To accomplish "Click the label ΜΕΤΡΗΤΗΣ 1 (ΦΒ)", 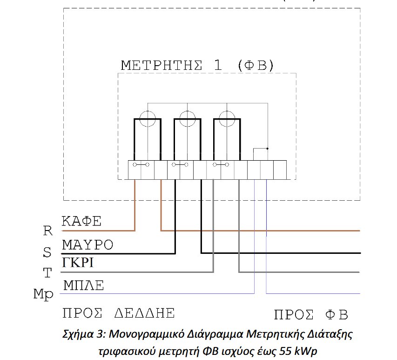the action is click(x=197, y=65).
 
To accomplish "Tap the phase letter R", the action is click(x=48, y=231).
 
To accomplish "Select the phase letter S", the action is click(x=47, y=252).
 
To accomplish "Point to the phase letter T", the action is click(x=47, y=273).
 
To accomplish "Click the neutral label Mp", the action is click(x=43, y=295).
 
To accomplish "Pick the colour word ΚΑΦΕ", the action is click(x=81, y=221).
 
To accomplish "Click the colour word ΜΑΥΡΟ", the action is click(x=87, y=245).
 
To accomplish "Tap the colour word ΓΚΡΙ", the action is click(x=78, y=262).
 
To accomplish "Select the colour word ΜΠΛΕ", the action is click(x=84, y=285).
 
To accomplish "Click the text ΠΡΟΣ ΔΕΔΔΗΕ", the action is click(x=119, y=313).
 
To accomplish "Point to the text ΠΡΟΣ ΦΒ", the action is click(x=311, y=315).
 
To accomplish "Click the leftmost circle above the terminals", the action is click(x=148, y=111).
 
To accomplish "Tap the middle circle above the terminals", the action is click(x=188, y=111).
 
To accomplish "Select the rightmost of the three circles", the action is click(x=227, y=111).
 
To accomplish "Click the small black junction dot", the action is click(x=268, y=149).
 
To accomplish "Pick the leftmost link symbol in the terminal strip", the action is click(x=141, y=165).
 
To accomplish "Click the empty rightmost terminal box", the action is click(x=280, y=170).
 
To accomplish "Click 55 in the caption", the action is click(x=286, y=351).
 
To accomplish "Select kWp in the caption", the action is click(x=306, y=352).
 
